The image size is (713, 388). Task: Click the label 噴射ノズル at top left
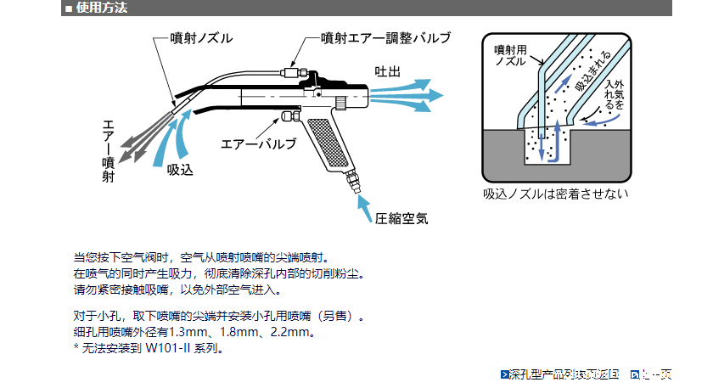tap(201, 37)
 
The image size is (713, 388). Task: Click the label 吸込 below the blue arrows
tap(180, 170)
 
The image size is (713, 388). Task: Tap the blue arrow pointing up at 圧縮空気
tap(362, 205)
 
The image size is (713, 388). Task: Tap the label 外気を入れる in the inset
tap(614, 94)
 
